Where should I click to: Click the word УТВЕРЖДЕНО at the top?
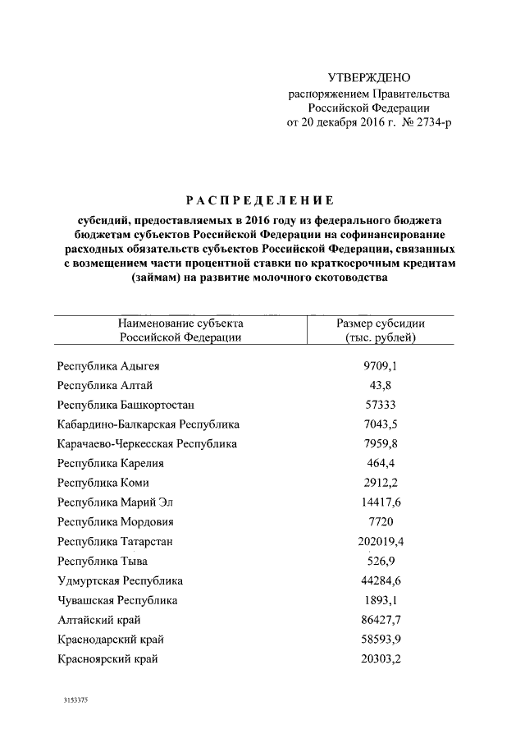click(368, 78)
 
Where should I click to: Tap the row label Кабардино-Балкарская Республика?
click(148, 424)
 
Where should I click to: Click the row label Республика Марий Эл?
click(116, 502)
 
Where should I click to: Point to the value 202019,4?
click(381, 542)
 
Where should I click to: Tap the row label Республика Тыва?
click(103, 562)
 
